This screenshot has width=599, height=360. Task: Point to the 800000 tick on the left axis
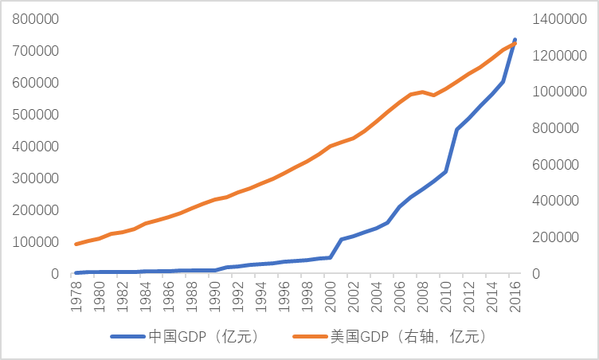point(33,18)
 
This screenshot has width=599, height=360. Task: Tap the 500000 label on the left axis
point(33,114)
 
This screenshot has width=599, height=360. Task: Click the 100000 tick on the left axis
point(33,241)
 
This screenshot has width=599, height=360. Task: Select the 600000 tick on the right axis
point(557,164)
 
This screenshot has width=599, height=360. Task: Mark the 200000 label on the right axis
point(557,237)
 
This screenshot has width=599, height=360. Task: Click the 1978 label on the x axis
point(76,292)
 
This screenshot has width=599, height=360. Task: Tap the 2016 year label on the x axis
point(515,292)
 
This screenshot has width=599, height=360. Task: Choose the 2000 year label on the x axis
point(331,292)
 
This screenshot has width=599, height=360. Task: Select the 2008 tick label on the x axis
point(423,292)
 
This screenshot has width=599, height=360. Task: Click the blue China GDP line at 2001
point(342,239)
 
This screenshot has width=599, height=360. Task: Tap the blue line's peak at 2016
point(515,40)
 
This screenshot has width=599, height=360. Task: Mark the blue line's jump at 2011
point(457,129)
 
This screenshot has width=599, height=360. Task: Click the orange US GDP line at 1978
point(76,244)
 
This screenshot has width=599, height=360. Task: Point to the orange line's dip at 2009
point(434,96)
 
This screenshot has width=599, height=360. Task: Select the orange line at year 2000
point(330,147)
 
